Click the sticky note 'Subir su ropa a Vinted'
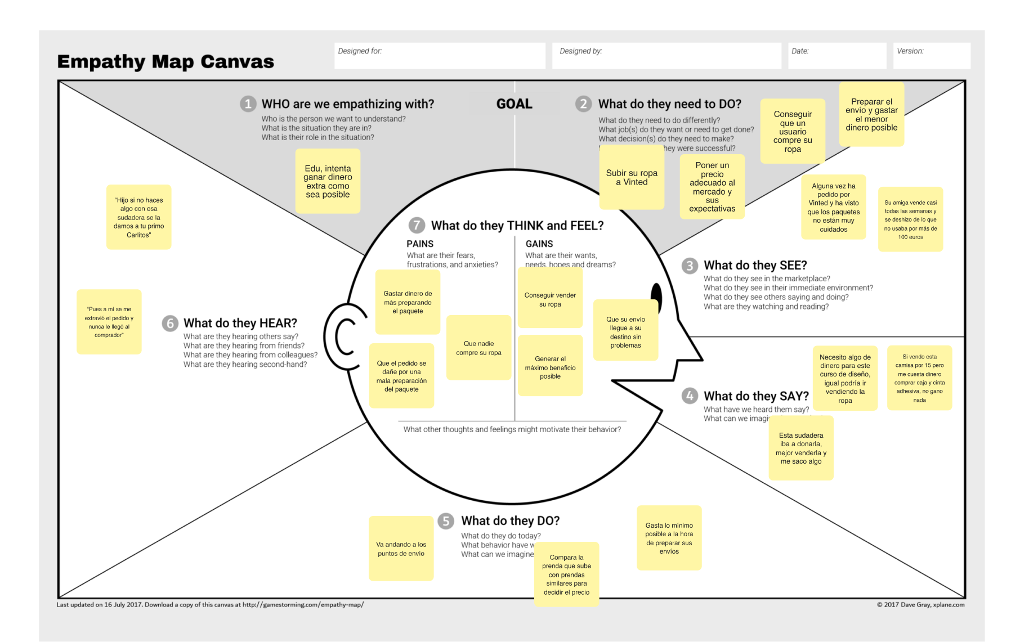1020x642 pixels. (632, 177)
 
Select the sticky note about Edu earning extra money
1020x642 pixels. (328, 181)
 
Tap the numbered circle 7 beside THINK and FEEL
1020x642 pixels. (417, 226)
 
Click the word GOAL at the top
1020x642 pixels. (514, 104)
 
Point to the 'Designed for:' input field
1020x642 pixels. (440, 56)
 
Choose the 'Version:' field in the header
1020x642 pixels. (932, 56)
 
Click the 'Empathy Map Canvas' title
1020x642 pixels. (165, 61)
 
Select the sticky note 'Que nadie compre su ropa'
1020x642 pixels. (478, 348)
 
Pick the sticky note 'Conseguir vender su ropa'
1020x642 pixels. (550, 299)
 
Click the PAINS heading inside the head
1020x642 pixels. (420, 244)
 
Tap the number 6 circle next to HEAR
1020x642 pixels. (170, 324)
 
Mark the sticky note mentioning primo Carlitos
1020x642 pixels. (138, 217)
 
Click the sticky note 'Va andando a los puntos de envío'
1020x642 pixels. (401, 549)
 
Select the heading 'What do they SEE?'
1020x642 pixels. (755, 266)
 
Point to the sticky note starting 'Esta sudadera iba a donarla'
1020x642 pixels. (801, 448)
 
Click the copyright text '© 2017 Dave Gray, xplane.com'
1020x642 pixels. (920, 605)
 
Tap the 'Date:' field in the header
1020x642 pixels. (836, 56)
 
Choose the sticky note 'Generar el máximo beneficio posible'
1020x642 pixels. (550, 367)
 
